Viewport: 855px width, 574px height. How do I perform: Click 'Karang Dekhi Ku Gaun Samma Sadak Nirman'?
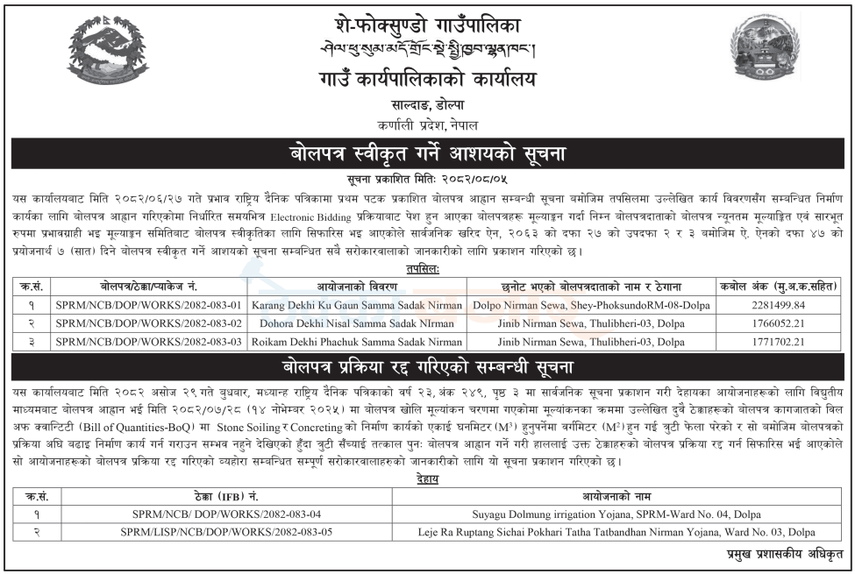click(357, 307)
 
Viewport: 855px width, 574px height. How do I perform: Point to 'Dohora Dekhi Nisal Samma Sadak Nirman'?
click(357, 324)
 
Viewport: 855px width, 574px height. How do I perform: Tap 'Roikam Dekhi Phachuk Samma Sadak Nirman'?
click(357, 342)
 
